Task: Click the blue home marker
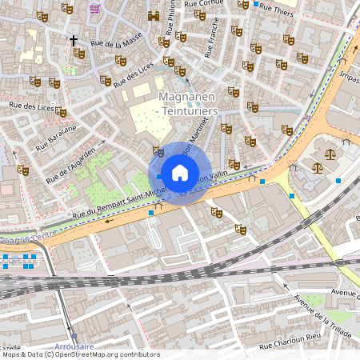pos(180,173)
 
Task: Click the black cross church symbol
pos(74,39)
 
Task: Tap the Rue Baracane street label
pos(56,137)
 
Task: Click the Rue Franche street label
pos(212,40)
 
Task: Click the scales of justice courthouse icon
pos(318,169)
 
